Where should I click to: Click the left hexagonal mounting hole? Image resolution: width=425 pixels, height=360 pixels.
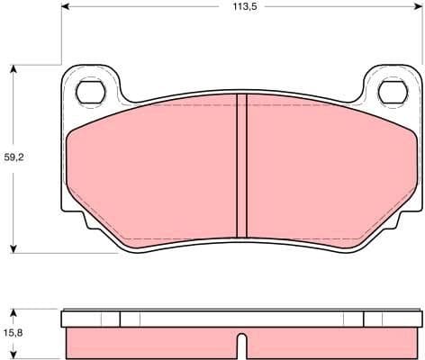(x=89, y=91)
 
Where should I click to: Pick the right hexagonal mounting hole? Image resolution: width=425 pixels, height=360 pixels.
(x=392, y=91)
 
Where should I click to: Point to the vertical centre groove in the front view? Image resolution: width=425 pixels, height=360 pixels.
(x=240, y=166)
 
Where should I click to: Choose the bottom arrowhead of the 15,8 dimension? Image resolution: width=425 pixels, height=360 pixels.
(x=13, y=354)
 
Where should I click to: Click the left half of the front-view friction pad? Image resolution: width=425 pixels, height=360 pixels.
(x=153, y=171)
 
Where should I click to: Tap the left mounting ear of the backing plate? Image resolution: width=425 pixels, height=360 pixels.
(x=89, y=85)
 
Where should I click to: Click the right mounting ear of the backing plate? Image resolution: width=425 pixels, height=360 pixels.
(x=392, y=85)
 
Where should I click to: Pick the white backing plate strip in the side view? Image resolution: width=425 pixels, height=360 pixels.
(x=240, y=319)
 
